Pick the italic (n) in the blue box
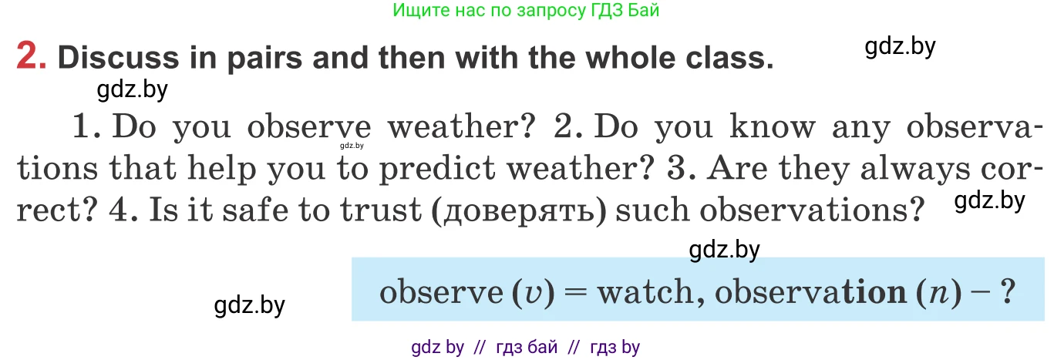pyautogui.click(x=948, y=293)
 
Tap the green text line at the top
pyautogui.click(x=526, y=11)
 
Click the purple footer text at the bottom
pyautogui.click(x=526, y=347)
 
